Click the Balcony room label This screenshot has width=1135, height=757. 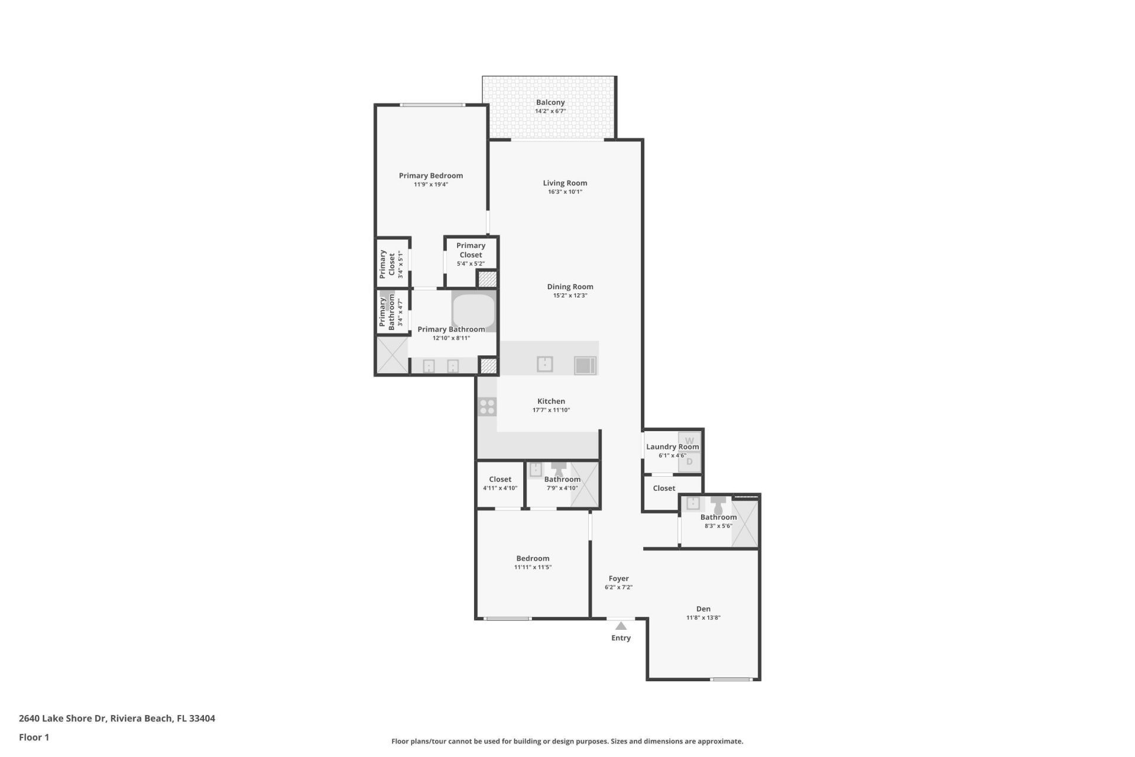pyautogui.click(x=550, y=102)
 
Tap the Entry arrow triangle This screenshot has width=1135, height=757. pyautogui.click(x=621, y=626)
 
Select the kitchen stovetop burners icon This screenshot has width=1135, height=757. pyautogui.click(x=487, y=407)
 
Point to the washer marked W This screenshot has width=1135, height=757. pyautogui.click(x=689, y=441)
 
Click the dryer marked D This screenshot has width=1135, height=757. pyautogui.click(x=689, y=462)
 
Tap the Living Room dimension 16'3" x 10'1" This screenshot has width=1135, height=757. pyautogui.click(x=565, y=192)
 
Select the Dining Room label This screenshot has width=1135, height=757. pyautogui.click(x=570, y=287)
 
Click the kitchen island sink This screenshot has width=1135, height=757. pyautogui.click(x=544, y=364)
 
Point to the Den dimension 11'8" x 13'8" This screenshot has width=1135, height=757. pyautogui.click(x=703, y=617)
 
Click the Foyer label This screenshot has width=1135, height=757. pyautogui.click(x=618, y=578)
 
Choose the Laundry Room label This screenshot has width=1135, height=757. pyautogui.click(x=672, y=447)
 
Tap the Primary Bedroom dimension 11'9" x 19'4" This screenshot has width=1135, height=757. pyautogui.click(x=430, y=185)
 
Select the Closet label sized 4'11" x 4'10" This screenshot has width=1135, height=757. pyautogui.click(x=500, y=480)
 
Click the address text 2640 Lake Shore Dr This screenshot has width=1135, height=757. pyautogui.click(x=62, y=719)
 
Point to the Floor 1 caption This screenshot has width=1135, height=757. pyautogui.click(x=34, y=737)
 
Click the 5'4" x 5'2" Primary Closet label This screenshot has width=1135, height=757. pyautogui.click(x=471, y=250)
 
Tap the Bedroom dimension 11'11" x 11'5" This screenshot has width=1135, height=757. pyautogui.click(x=533, y=567)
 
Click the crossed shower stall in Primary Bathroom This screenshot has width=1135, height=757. pyautogui.click(x=392, y=355)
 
